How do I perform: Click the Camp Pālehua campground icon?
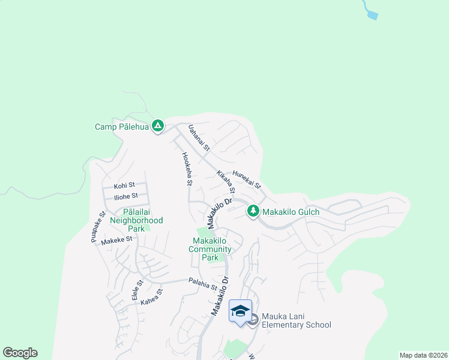(157, 126)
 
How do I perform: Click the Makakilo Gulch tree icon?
(253, 211)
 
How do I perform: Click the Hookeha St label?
(187, 168)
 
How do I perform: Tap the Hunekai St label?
(247, 178)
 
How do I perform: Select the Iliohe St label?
(126, 196)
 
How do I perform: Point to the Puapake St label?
(98, 226)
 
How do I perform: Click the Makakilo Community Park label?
(210, 249)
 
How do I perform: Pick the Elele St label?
(137, 290)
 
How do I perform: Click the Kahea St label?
(152, 298)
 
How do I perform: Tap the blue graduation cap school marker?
(240, 311)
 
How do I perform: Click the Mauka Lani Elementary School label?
(297, 321)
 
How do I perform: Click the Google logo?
(20, 353)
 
